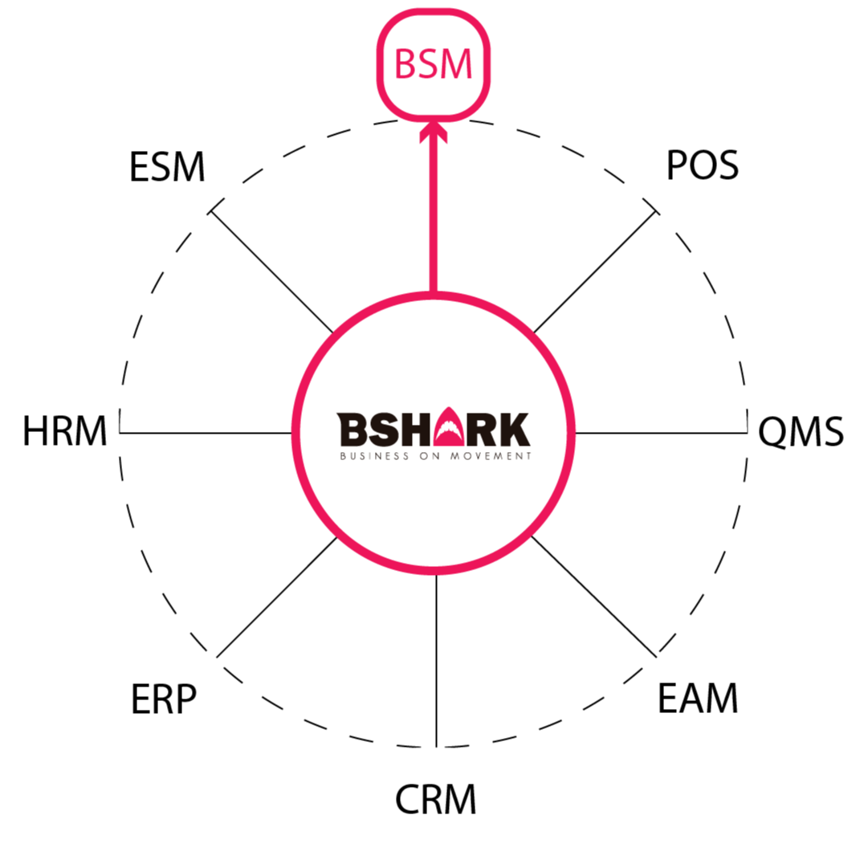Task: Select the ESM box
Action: (167, 168)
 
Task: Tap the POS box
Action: (699, 166)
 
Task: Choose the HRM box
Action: (65, 432)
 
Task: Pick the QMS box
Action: (801, 432)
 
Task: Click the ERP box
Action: (165, 699)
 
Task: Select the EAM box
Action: (699, 699)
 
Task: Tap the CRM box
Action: (434, 800)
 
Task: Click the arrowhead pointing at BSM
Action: (434, 132)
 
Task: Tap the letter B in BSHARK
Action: (352, 430)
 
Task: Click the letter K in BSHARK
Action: (515, 430)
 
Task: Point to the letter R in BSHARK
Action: (484, 430)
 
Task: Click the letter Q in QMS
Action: (772, 432)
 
